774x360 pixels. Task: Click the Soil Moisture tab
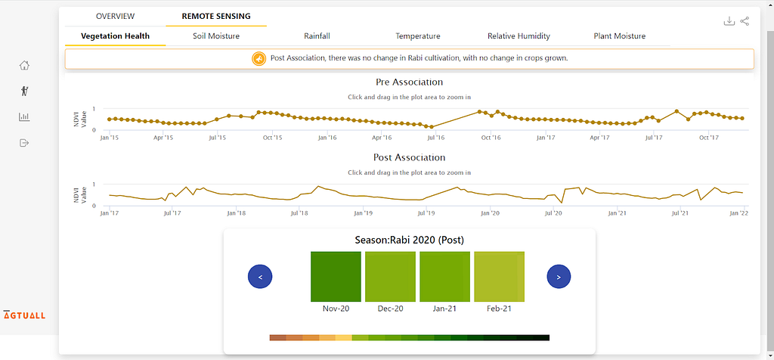(x=216, y=36)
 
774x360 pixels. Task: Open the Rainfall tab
(x=317, y=36)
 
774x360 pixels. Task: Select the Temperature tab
(x=417, y=36)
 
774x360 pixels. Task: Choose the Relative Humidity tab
(x=519, y=36)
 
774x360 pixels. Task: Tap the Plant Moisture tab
(x=620, y=36)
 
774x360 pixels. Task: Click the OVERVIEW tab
(x=115, y=17)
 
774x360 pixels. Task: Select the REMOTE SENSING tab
(x=216, y=17)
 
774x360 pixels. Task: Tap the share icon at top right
(x=745, y=21)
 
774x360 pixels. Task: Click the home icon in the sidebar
(x=24, y=65)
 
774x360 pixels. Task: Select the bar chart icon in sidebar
(x=24, y=117)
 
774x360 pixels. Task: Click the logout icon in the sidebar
(x=24, y=143)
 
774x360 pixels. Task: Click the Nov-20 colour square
(x=336, y=277)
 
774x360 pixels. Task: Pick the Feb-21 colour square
(x=499, y=277)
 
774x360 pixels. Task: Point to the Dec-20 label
(x=391, y=309)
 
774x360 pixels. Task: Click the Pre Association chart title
(x=409, y=82)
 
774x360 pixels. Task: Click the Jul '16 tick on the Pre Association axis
(x=435, y=138)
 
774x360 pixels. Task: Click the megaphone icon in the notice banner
(x=259, y=59)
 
